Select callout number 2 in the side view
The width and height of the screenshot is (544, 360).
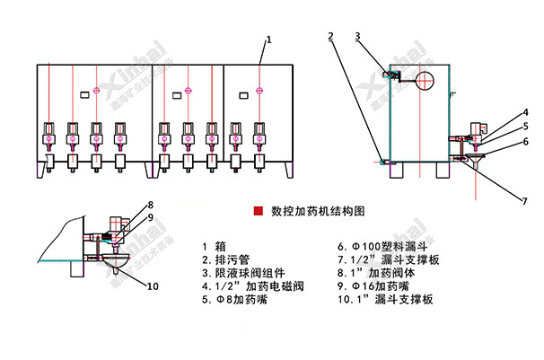(331, 37)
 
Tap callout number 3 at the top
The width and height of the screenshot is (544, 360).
(357, 37)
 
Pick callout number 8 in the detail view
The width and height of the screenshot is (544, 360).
(151, 205)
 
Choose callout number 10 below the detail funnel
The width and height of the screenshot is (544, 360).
(152, 286)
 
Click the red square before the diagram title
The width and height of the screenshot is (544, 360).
(258, 212)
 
